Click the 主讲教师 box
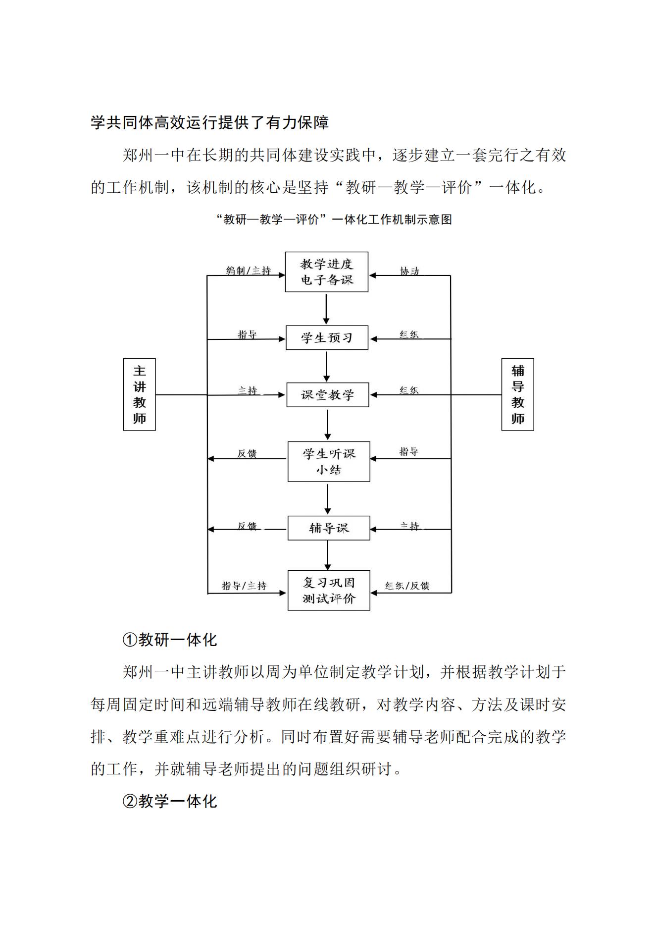click(139, 394)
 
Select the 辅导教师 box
click(517, 394)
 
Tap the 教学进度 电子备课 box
click(327, 272)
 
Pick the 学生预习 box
click(327, 338)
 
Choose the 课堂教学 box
click(328, 395)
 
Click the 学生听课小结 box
click(329, 461)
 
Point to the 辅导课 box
click(329, 528)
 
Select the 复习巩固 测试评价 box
click(329, 591)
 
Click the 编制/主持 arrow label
click(249, 271)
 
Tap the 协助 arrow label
click(409, 271)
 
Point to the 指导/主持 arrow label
click(244, 586)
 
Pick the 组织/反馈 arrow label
click(407, 586)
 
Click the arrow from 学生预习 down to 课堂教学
click(327, 366)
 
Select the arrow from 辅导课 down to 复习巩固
click(327, 555)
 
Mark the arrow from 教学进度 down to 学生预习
click(326, 308)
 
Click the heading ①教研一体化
click(170, 640)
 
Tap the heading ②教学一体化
click(170, 801)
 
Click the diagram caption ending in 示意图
click(334, 219)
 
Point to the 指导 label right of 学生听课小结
click(409, 451)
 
